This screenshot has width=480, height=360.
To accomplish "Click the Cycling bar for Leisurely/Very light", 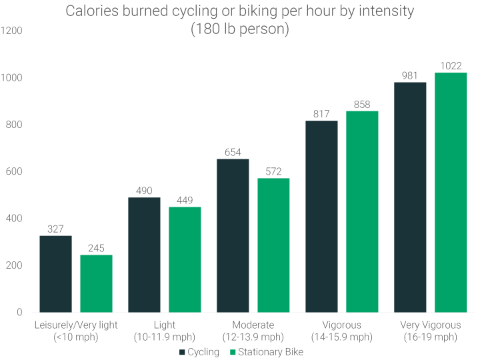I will (x=55, y=274).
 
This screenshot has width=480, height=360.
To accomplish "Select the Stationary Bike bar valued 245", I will (x=96, y=283).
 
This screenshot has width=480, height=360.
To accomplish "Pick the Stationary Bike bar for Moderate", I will (x=273, y=245).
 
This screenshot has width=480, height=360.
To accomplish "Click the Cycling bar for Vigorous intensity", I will (x=321, y=217).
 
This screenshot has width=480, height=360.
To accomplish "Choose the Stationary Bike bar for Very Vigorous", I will (x=451, y=193).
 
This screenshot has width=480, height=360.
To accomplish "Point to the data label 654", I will (x=233, y=152).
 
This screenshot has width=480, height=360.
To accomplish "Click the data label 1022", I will (x=451, y=65).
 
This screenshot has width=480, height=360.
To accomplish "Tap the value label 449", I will (x=185, y=200).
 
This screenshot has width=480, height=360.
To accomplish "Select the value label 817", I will (x=321, y=114).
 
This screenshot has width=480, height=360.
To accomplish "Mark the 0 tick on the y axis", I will (x=19, y=313).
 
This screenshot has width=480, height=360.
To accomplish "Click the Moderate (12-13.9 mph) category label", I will (x=253, y=331).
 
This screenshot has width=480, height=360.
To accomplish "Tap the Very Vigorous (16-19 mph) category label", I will (x=430, y=331).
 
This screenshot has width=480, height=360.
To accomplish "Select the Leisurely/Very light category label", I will (x=76, y=331).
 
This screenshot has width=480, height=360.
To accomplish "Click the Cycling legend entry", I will (x=201, y=351).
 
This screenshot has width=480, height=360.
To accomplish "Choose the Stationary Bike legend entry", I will (x=265, y=351).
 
